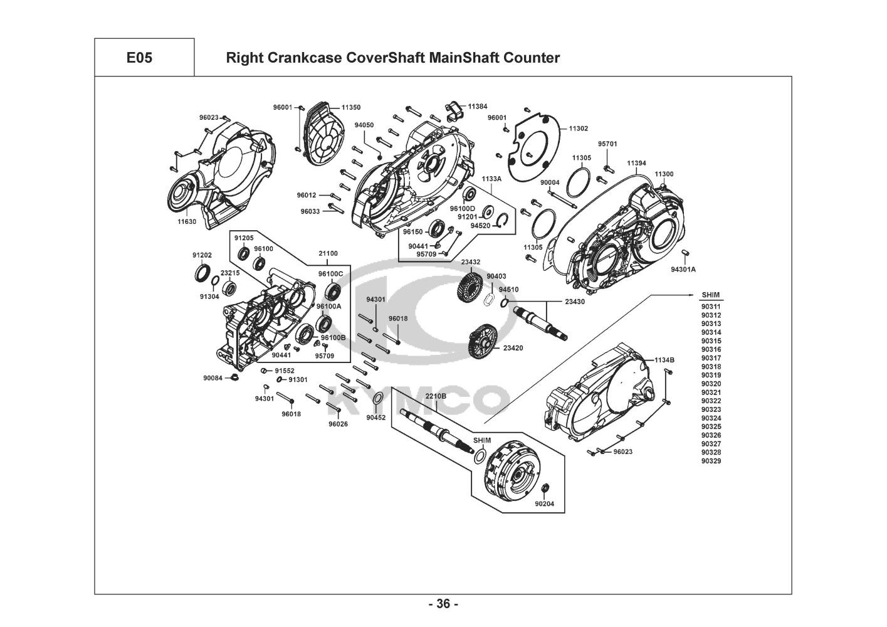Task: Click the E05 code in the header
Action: pos(139,58)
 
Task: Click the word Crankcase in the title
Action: pos(298,58)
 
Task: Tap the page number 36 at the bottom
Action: pos(443,604)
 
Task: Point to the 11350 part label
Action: pos(351,108)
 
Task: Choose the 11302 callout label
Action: pos(578,128)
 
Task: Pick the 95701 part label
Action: pos(607,144)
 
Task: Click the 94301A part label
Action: pos(683,269)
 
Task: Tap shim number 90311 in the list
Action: pos(711,307)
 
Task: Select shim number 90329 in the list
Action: pos(711,461)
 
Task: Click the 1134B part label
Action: pos(664,360)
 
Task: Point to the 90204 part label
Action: pos(545,503)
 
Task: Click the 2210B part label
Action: pos(436,396)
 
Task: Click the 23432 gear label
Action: pos(471,262)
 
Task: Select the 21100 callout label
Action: pos(328,253)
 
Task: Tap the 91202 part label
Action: pos(202,255)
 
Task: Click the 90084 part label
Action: pos(213,377)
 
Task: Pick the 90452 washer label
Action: pos(376,417)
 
